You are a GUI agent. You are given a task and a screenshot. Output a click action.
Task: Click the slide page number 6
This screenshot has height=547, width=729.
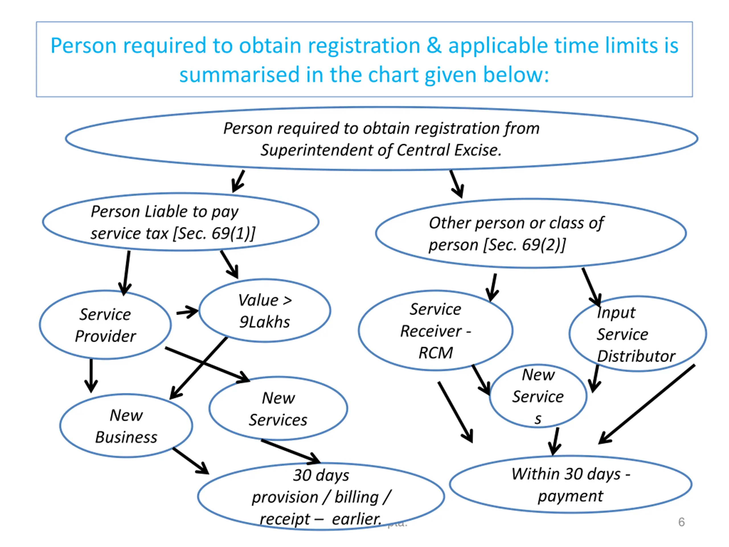681,522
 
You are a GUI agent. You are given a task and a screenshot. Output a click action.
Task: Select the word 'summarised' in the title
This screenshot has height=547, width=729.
239,75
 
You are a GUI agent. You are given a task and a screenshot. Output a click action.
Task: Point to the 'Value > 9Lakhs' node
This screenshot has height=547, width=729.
265,311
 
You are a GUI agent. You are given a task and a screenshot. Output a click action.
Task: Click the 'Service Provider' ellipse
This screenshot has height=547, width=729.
105,325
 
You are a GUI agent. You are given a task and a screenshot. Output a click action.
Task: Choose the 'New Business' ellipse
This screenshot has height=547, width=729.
126,426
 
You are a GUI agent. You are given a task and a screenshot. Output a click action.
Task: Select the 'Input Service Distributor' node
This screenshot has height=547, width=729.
637,334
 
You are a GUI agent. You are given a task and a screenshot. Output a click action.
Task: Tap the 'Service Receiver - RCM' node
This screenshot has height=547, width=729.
435,331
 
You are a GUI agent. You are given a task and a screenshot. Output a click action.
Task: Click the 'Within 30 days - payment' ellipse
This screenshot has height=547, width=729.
570,484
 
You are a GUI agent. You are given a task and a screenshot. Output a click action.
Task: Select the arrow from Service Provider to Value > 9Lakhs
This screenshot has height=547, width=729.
187,312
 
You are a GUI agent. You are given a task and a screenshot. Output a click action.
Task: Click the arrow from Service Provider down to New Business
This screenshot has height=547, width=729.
91,376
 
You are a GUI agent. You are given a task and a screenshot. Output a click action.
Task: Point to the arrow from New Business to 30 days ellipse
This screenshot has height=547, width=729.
191,461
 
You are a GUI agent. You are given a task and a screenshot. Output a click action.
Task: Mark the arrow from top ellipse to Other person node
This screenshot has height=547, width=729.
457,184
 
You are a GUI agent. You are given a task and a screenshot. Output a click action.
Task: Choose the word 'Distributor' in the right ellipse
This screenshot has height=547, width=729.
636,356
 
